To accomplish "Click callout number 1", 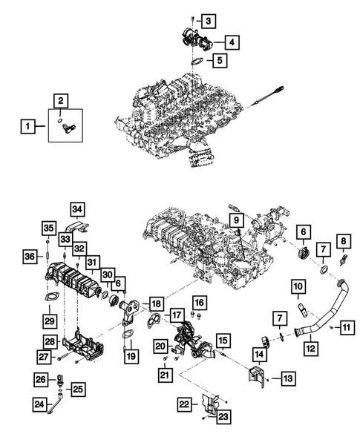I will (26, 127).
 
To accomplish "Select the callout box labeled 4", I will (233, 42).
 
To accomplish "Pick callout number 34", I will (78, 209).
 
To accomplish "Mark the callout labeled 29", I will (50, 320).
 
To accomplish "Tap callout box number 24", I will (39, 405).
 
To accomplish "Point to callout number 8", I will (343, 261).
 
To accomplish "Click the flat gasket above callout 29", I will (50, 299).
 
